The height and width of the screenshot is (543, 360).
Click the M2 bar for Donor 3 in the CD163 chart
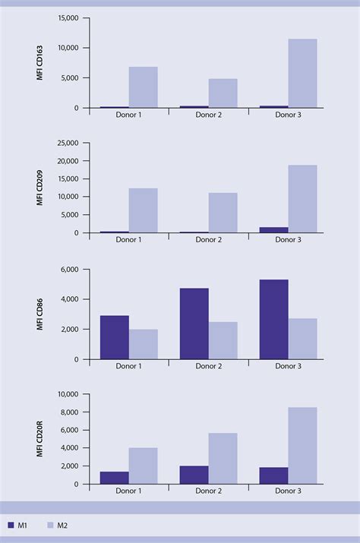tap(302, 74)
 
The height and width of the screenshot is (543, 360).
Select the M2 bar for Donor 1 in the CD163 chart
tap(143, 87)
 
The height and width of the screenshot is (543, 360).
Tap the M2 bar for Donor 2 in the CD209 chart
tap(223, 213)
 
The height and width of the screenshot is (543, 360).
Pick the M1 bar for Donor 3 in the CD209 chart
tap(273, 230)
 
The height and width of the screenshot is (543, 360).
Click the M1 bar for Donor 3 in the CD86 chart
tap(273, 319)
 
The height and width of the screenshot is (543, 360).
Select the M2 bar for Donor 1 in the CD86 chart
tap(143, 344)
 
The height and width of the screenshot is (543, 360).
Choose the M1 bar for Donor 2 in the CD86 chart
tap(194, 324)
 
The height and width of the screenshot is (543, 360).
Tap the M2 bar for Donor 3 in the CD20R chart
tap(302, 446)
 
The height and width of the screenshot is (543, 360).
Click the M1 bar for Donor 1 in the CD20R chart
tap(114, 478)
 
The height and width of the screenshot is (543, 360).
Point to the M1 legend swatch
tap(11, 525)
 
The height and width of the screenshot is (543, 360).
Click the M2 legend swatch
tap(52, 525)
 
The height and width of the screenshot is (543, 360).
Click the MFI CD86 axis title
tap(39, 314)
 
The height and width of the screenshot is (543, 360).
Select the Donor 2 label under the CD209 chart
tap(208, 240)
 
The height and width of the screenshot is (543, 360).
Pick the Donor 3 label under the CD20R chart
tap(288, 491)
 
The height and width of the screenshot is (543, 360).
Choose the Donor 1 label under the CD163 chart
tap(128, 115)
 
